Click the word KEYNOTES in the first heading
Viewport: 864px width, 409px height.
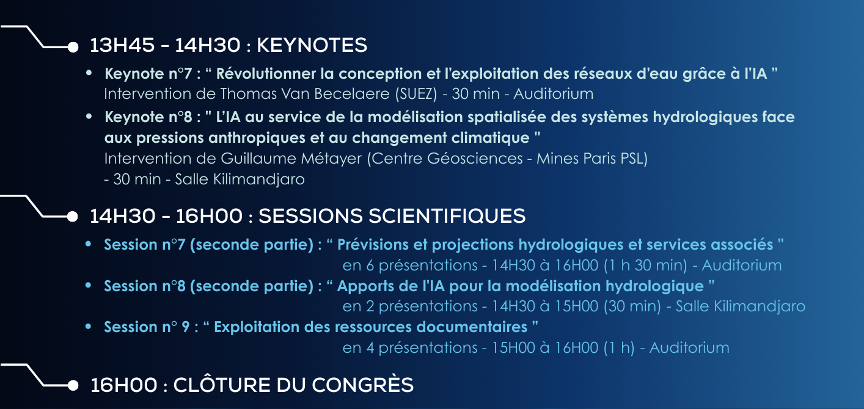[312, 45]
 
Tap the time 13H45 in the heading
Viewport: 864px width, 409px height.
[122, 45]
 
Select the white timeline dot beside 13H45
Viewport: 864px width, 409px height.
[73, 47]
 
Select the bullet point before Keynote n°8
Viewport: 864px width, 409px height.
[89, 116]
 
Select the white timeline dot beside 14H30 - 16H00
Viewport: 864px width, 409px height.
[73, 217]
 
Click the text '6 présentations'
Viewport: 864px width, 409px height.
[422, 266]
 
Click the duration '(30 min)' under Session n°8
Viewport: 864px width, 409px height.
[632, 306]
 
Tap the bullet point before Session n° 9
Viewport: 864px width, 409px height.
[89, 327]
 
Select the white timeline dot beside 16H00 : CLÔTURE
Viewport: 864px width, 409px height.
[73, 385]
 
